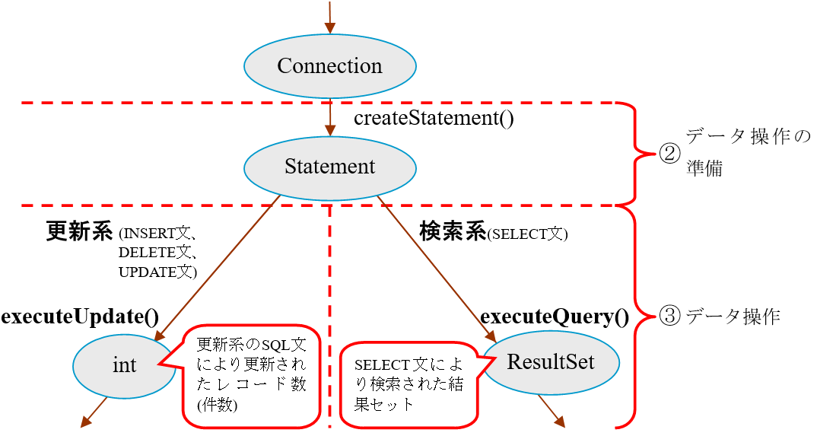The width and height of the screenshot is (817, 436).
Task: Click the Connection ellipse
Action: click(329, 66)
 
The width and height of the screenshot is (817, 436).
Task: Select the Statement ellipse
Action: click(329, 167)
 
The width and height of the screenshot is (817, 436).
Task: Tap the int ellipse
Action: click(124, 366)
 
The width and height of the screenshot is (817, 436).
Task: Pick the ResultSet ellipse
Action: click(551, 362)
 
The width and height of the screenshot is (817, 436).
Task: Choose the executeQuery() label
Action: click(555, 317)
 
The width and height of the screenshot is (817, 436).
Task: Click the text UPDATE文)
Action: click(158, 272)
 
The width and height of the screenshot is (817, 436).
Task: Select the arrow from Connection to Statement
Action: click(330, 118)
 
